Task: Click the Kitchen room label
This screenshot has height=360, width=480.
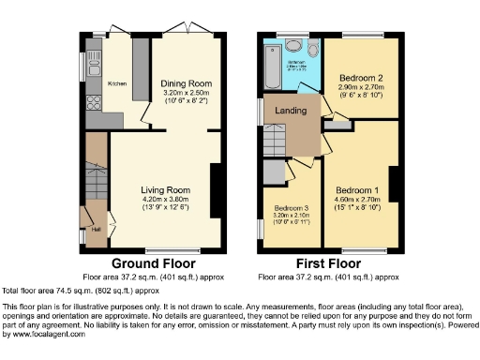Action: (117, 83)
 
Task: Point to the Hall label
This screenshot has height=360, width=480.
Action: (96, 227)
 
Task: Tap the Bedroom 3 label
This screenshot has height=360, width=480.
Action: (292, 209)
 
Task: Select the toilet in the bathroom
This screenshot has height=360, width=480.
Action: (292, 44)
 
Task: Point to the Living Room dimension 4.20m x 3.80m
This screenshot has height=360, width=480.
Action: (166, 199)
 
